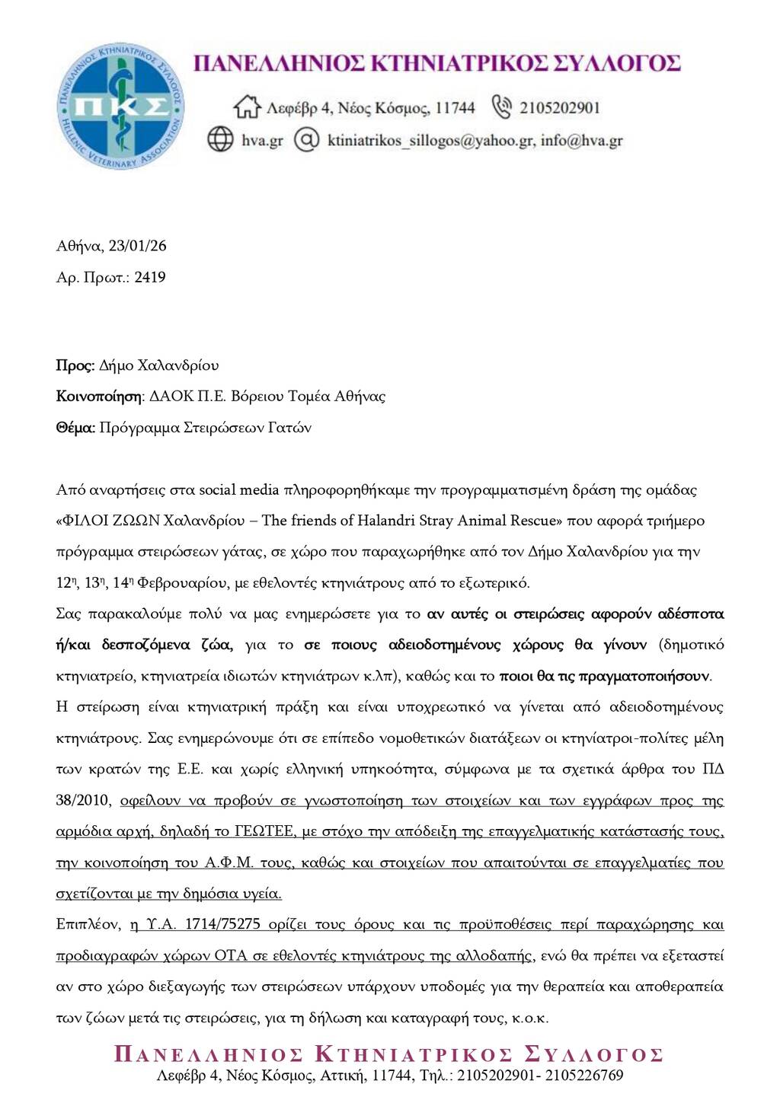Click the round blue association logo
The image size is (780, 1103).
tap(120, 106)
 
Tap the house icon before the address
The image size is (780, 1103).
tap(247, 107)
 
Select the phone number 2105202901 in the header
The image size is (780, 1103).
tap(560, 108)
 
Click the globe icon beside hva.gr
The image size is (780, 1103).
tap(220, 139)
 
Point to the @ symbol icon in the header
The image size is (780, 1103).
tap(305, 139)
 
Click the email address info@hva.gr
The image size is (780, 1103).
tap(582, 140)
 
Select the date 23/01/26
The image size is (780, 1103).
tap(138, 246)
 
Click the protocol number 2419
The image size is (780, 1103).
tap(150, 277)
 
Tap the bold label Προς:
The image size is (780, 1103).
tap(75, 365)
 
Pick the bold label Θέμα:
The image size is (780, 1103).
tap(75, 427)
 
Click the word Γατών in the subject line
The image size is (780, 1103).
tap(290, 427)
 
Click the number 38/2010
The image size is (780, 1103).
tap(84, 800)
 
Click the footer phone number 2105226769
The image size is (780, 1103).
tap(584, 1076)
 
